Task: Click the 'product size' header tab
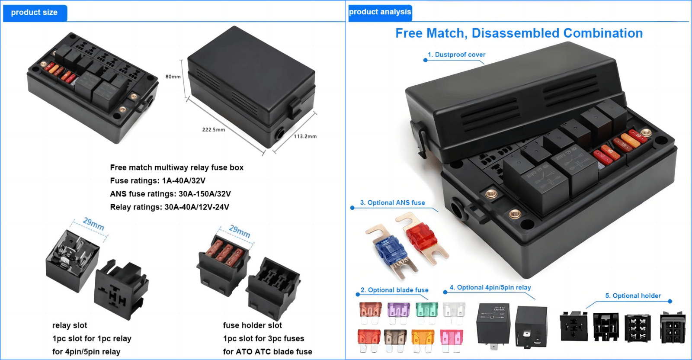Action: tap(34, 13)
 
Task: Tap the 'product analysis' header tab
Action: tap(380, 12)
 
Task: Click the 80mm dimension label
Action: tap(173, 77)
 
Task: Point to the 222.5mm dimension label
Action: tap(214, 129)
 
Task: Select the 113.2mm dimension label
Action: tap(305, 136)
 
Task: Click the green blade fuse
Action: tap(426, 310)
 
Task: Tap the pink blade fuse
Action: tap(451, 338)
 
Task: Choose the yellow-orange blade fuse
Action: tap(423, 338)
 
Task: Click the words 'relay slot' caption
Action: tap(70, 325)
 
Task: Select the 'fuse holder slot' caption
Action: tap(252, 325)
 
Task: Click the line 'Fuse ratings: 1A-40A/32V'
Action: tap(157, 180)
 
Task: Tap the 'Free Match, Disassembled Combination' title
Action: tap(519, 33)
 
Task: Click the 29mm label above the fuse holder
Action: tap(240, 231)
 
